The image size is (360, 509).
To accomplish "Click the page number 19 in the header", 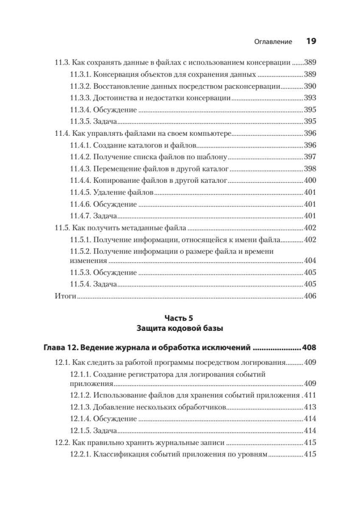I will tap(311, 42).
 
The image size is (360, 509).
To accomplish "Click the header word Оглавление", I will tap(273, 42).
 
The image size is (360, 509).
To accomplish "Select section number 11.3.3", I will tap(80, 98).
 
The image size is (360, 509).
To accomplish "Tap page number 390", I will tap(310, 86).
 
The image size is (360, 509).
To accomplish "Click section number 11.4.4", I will tap(80, 180).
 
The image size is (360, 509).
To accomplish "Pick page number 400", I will tap(310, 180).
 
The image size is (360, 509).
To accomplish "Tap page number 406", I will tap(310, 296).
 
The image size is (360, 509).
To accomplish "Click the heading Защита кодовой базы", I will tap(180, 328).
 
